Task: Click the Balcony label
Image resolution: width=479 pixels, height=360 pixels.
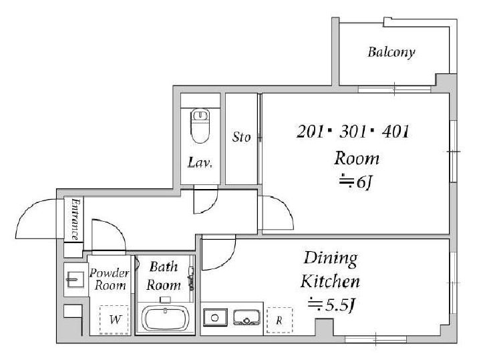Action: [x=391, y=52]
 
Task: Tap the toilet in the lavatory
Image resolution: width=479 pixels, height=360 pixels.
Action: [x=200, y=126]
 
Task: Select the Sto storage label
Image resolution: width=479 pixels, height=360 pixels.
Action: [x=241, y=137]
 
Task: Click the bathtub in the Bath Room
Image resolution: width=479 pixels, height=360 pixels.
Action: [x=165, y=319]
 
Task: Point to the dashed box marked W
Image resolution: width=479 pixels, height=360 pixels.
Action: [x=114, y=319]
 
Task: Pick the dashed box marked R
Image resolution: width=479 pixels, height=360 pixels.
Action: [x=279, y=320]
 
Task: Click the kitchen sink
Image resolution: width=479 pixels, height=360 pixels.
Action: [x=247, y=317]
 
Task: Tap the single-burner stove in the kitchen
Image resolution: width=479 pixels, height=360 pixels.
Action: [x=215, y=317]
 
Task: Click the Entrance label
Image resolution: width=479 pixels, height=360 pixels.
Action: [x=75, y=219]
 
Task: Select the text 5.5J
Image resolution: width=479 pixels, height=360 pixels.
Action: [x=340, y=304]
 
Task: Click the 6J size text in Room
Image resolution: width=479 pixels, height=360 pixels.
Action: [x=365, y=183]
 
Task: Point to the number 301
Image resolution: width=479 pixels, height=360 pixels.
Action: [x=353, y=132]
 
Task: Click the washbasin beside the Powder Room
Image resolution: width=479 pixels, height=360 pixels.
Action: [x=75, y=279]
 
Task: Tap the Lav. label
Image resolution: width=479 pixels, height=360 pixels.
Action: [x=200, y=163]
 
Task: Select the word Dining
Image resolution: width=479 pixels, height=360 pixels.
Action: [x=330, y=260]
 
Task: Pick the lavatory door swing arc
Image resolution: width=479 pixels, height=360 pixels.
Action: [x=212, y=205]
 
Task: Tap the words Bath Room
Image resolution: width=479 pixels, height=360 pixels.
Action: [x=164, y=276]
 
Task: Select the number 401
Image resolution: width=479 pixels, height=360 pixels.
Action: [x=395, y=132]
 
